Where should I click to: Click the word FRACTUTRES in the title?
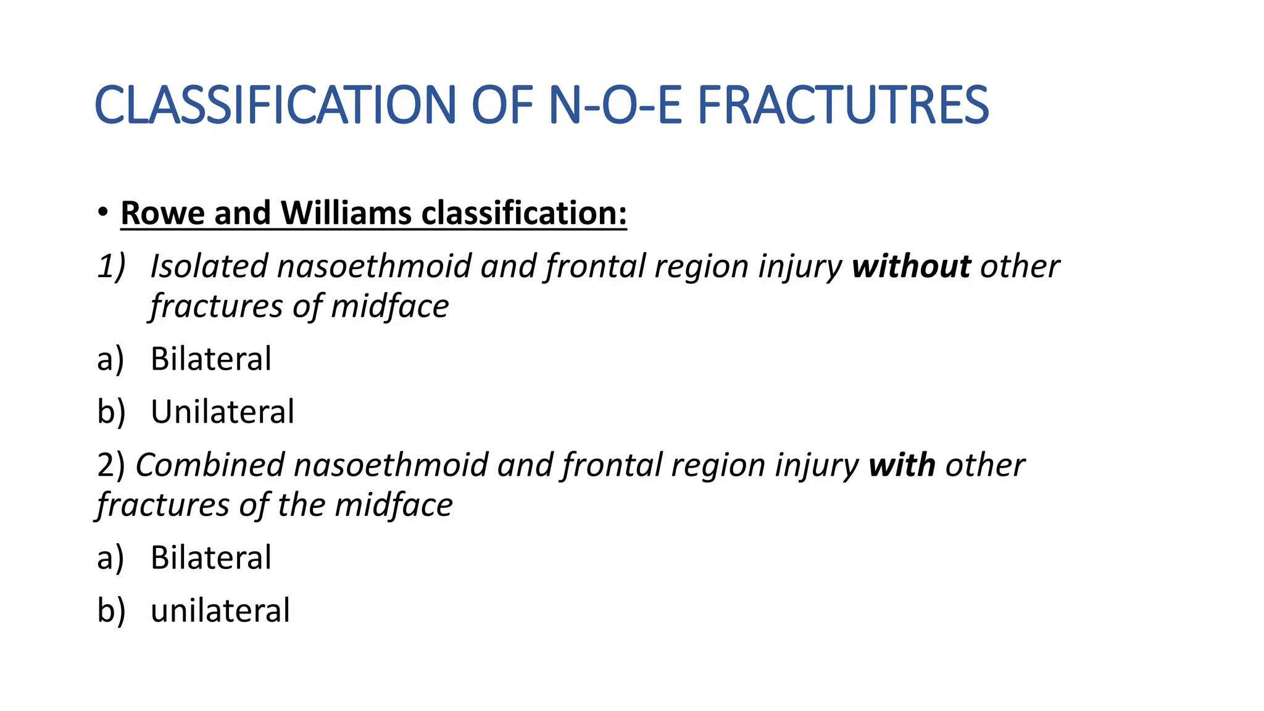pos(843,105)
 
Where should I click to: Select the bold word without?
pos(911,267)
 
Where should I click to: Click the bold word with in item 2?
pos(901,465)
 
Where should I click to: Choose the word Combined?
pos(209,465)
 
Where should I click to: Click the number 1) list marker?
pos(111,267)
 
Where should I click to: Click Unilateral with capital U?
pos(222,412)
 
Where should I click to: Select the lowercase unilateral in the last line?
pos(220,610)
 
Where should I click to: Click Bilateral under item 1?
pos(210,359)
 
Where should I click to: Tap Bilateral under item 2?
pos(210,557)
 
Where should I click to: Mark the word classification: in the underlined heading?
pos(523,213)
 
